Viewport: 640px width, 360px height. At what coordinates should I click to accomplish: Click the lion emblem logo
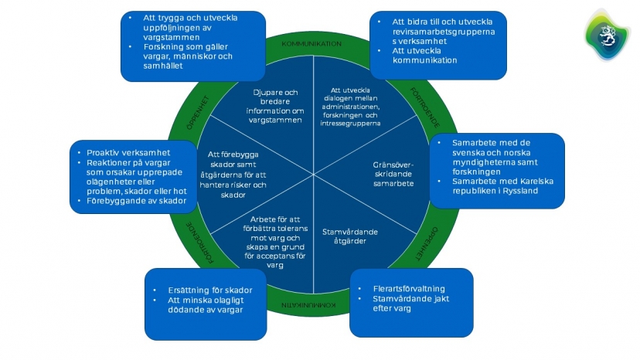(x=607, y=36)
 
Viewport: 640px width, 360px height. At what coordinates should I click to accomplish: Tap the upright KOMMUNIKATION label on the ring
(x=311, y=44)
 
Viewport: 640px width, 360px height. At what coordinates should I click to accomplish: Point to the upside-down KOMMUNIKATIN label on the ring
(x=308, y=305)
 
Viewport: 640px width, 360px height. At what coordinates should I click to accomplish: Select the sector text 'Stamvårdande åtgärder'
(x=350, y=236)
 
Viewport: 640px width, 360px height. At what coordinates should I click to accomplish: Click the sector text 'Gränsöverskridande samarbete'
(x=393, y=175)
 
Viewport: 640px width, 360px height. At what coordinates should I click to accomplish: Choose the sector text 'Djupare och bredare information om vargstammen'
(x=275, y=106)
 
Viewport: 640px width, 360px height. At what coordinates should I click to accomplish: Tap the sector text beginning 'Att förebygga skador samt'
(x=233, y=175)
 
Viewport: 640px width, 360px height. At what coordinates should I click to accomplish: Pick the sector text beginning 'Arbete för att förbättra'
(x=275, y=242)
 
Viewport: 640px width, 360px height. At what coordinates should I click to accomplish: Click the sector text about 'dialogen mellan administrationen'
(x=350, y=107)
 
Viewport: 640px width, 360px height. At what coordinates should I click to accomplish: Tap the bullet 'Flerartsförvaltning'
(x=409, y=289)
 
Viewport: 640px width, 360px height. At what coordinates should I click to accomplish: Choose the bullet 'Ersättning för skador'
(x=210, y=290)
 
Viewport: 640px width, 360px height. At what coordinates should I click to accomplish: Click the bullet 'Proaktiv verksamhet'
(x=128, y=153)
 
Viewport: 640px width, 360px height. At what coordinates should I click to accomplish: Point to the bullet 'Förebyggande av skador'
(x=136, y=201)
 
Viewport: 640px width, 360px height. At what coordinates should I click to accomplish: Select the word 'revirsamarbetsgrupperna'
(x=444, y=32)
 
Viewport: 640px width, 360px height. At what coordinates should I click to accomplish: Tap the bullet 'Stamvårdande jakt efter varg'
(x=410, y=304)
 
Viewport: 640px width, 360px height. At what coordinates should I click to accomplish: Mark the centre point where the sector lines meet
(x=314, y=175)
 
